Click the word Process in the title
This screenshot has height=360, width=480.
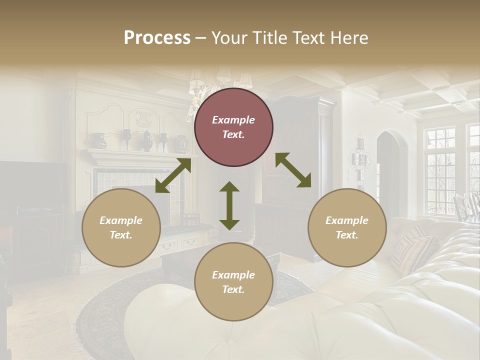[157, 38]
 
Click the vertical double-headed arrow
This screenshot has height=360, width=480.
[229, 205]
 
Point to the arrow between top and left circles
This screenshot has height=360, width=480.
[173, 175]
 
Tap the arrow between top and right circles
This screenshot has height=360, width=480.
[293, 170]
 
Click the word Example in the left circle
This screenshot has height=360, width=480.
[121, 220]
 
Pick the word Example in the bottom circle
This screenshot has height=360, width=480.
[233, 275]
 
